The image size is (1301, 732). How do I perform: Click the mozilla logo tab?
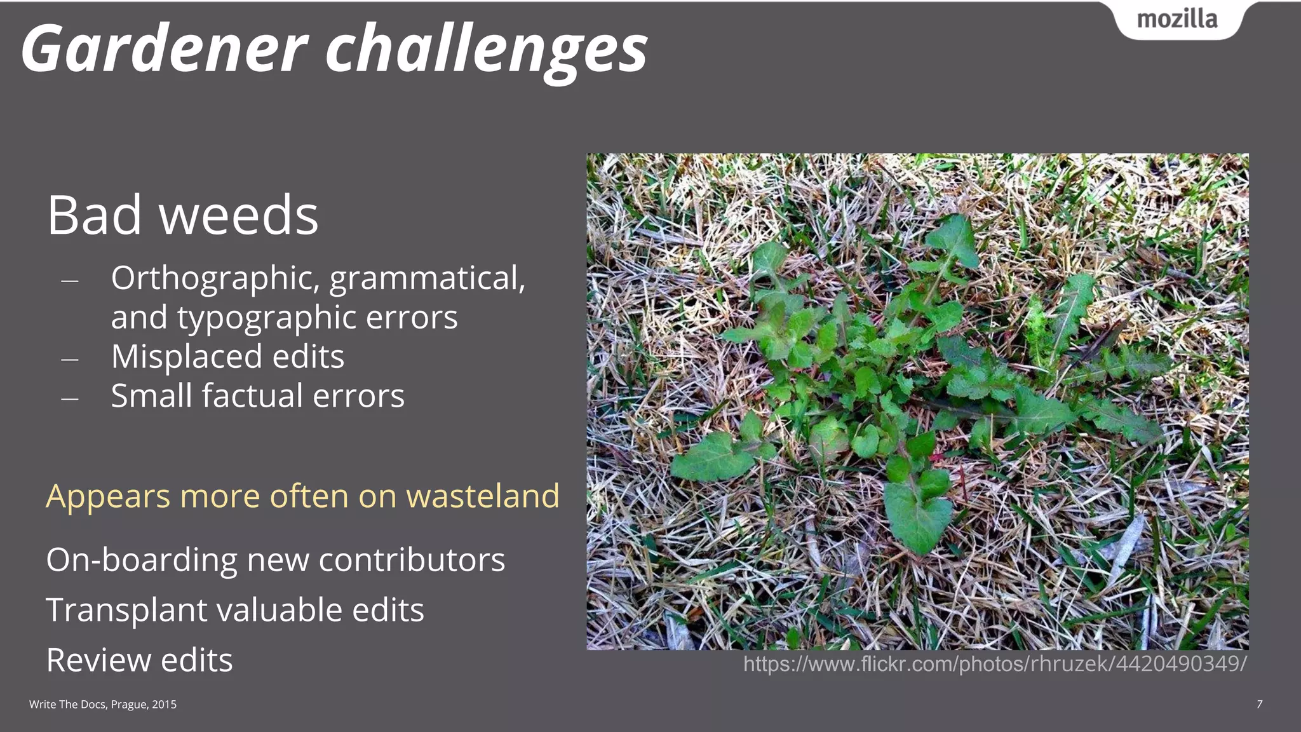click(1177, 20)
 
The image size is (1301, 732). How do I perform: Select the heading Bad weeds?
click(182, 215)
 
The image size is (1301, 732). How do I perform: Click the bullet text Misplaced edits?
click(227, 356)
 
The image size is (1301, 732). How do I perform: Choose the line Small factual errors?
click(257, 396)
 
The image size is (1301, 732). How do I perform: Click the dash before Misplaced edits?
click(70, 360)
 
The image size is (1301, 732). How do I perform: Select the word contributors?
click(412, 560)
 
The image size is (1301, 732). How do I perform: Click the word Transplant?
click(126, 610)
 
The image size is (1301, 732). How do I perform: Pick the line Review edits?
click(139, 660)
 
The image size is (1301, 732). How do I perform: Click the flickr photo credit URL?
click(995, 664)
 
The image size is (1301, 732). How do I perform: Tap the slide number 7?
click(1259, 704)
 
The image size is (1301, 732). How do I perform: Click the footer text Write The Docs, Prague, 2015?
click(103, 704)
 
